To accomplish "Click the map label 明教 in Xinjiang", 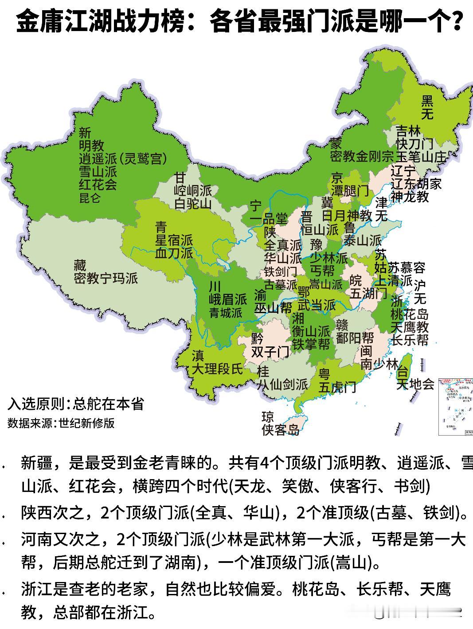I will [x=91, y=145].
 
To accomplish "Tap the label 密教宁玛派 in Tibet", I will [x=106, y=278].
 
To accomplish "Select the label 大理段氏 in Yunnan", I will [x=217, y=368].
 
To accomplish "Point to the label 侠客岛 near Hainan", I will [x=280, y=429].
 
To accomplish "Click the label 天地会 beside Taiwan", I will [x=415, y=384].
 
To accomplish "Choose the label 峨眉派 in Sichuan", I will [x=228, y=299].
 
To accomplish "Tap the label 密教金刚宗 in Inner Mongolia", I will [x=362, y=156].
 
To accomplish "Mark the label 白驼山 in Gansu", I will [x=193, y=204].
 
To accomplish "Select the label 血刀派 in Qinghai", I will [x=174, y=253].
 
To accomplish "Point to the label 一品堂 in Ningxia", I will [x=269, y=219].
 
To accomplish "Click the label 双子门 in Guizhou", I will [x=270, y=352].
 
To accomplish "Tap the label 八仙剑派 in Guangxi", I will [x=283, y=384].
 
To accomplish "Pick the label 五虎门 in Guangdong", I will [x=337, y=387].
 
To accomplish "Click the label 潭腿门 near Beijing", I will [x=350, y=191].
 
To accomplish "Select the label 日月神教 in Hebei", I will [x=346, y=216].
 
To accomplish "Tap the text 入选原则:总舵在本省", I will [x=75, y=404].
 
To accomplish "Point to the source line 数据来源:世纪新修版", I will [x=61, y=423].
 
